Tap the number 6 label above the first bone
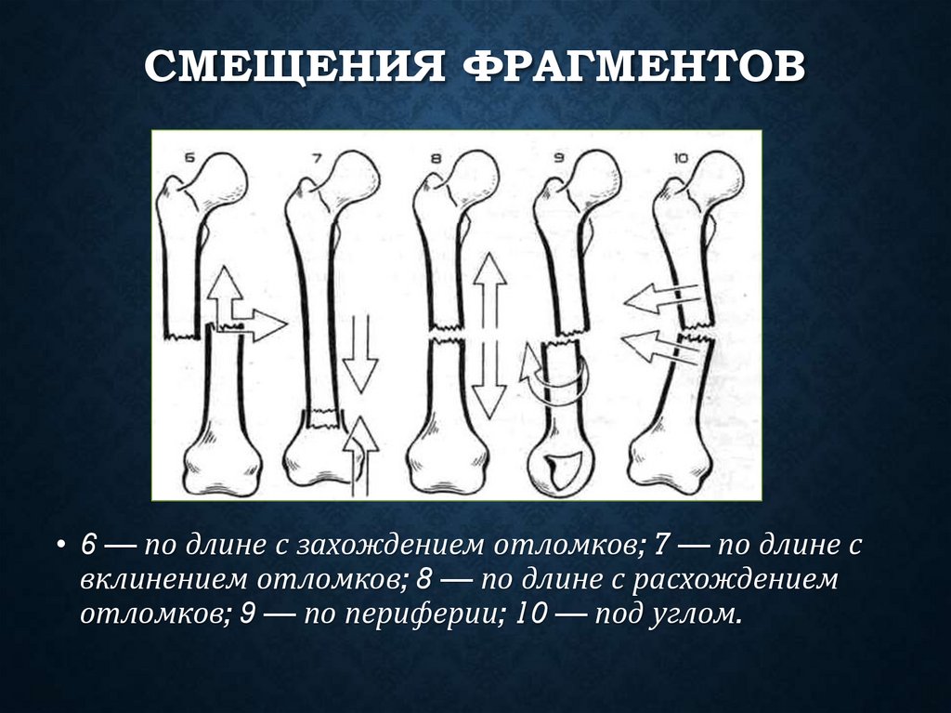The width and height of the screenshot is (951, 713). pos(191,157)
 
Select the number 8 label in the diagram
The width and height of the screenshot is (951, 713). pos(436,158)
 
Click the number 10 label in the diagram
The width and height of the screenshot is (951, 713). pos(680,158)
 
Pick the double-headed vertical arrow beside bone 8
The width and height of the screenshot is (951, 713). pos(489,334)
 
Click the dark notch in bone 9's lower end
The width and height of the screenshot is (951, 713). pos(561,468)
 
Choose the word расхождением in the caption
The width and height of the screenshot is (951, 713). pos(744,579)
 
